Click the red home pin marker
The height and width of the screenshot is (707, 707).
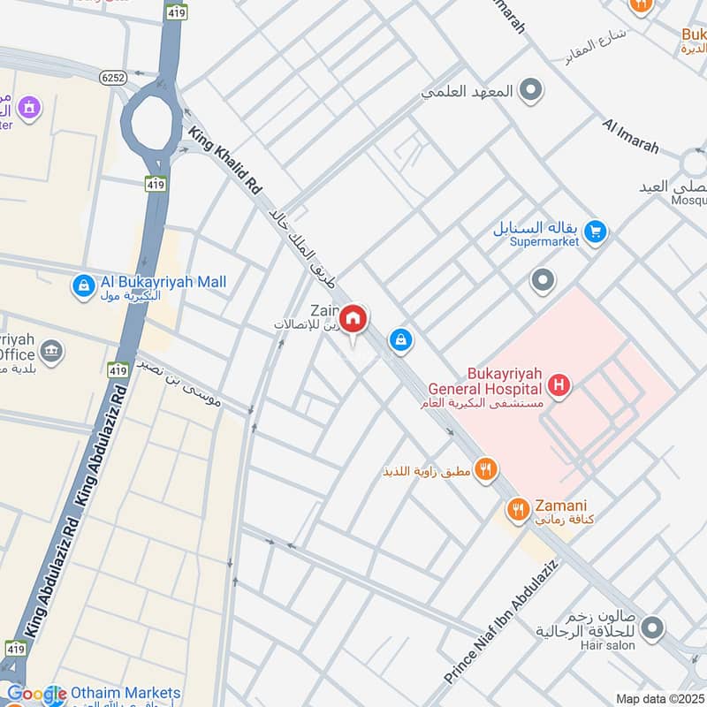click(x=353, y=320)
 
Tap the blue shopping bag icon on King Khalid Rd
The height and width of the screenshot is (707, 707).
click(x=401, y=339)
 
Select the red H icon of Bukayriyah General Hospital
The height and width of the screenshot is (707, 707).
click(x=558, y=384)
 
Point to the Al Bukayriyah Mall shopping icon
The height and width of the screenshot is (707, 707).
click(x=83, y=286)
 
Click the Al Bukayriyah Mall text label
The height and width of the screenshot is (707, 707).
click(x=163, y=282)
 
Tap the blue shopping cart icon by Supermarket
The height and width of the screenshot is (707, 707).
click(x=596, y=232)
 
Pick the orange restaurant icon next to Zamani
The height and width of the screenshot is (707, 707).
click(x=517, y=509)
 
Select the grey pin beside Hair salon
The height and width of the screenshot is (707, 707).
click(x=652, y=628)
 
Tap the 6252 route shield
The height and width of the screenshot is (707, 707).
click(x=116, y=77)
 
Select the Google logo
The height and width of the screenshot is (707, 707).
click(x=35, y=695)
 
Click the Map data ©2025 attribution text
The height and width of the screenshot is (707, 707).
click(x=659, y=698)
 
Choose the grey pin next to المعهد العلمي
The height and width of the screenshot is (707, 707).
click(x=530, y=89)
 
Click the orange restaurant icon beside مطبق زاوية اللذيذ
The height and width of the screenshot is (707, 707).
click(x=484, y=469)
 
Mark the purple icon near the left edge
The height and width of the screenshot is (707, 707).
click(x=29, y=108)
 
